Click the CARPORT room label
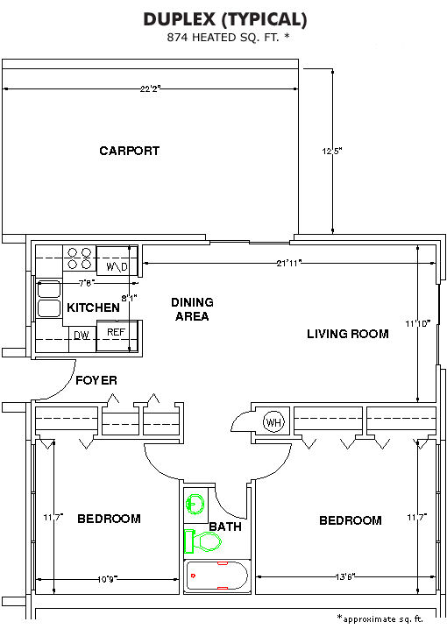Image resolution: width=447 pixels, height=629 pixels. [129, 151]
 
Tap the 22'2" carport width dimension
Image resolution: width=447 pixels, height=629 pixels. [150, 88]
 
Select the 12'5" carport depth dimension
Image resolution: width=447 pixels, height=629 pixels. [331, 151]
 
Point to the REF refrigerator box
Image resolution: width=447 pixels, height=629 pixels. [117, 336]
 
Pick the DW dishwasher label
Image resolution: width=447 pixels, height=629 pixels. [82, 336]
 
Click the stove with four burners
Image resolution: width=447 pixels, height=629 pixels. [80, 258]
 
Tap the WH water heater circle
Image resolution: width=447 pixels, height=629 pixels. [273, 421]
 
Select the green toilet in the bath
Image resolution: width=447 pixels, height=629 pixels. [202, 541]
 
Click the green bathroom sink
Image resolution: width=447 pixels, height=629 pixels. [195, 504]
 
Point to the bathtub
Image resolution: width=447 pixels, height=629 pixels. [217, 576]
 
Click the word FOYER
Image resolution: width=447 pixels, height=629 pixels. [96, 380]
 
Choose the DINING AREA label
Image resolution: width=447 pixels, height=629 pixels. [192, 309]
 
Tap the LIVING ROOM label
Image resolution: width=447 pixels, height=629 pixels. [348, 334]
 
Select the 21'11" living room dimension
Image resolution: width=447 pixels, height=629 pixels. [289, 263]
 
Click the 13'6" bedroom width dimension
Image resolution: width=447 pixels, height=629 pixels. [345, 576]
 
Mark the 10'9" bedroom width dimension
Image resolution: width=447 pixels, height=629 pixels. [107, 579]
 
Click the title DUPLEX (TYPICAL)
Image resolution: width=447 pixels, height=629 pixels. [225, 19]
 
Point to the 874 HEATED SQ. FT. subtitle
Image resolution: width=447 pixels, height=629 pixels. [228, 38]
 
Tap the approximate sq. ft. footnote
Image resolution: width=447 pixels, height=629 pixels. [380, 618]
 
